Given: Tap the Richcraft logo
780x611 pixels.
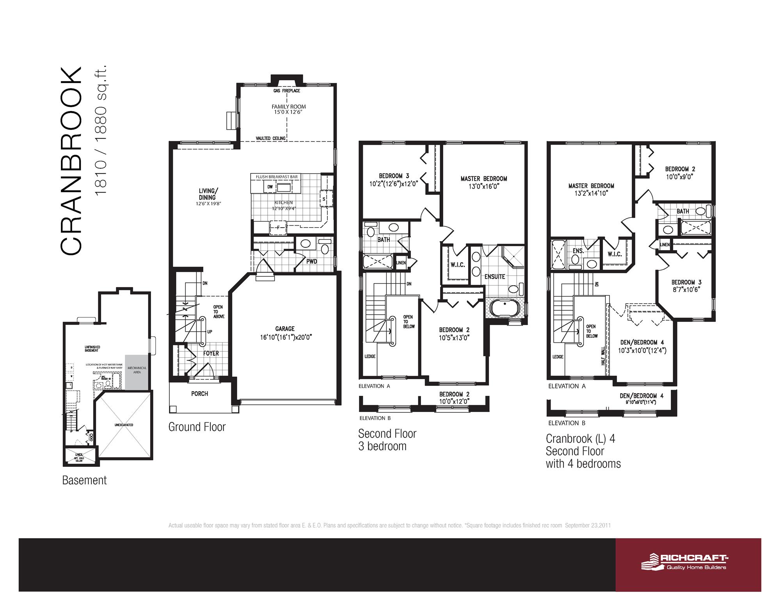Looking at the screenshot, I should pos(686,562).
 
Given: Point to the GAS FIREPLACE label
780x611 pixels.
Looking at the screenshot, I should pos(287,91).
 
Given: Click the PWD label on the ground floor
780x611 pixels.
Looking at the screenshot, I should pos(311,261).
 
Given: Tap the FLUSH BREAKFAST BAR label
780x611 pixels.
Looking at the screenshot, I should pos(277,177).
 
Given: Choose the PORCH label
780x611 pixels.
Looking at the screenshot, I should pos(199,394).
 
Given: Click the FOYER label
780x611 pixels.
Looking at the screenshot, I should pos(211,353).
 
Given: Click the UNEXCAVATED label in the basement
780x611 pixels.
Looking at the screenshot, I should pos(124,425).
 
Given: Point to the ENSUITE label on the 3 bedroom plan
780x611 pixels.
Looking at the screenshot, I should pos(495,277).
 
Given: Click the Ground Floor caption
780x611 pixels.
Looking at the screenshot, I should pos(197,427).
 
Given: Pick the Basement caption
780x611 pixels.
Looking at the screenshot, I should pos(84,480).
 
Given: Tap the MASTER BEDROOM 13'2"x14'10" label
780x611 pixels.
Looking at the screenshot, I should pos(591,189).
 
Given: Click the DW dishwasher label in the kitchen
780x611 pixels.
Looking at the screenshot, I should pos(270,187).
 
